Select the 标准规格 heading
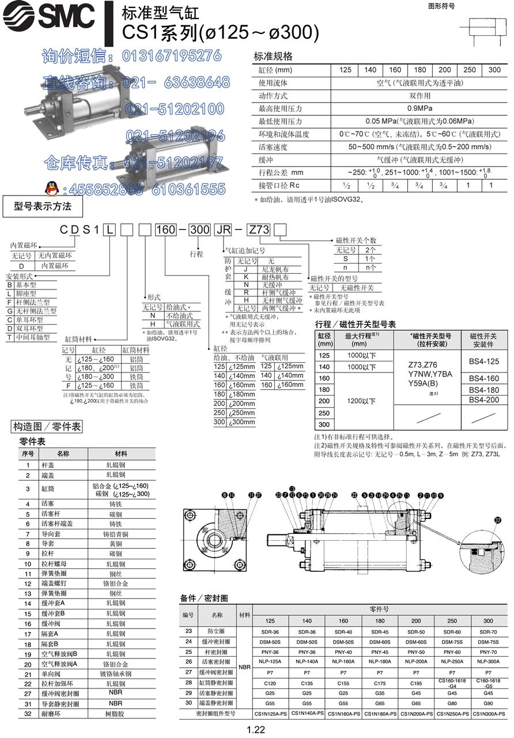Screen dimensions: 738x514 (273, 57)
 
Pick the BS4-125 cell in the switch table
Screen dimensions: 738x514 (484, 362)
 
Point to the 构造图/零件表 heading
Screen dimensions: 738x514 (48, 427)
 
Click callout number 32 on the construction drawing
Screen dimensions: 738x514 (498, 519)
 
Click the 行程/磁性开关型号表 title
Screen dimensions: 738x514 (355, 325)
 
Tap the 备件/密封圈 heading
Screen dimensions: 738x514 (204, 598)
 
